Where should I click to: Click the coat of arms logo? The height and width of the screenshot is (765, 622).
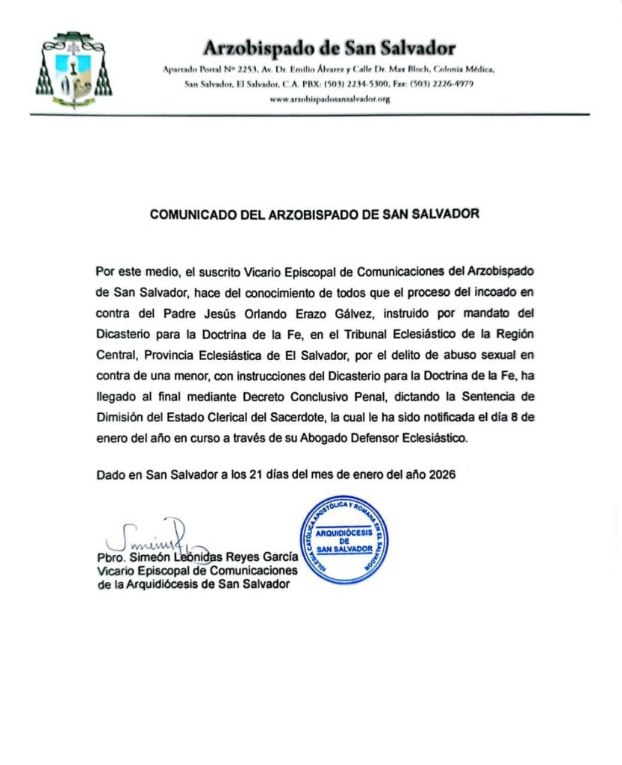coord(72,71)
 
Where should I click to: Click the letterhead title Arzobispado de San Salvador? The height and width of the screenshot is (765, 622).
coord(329,49)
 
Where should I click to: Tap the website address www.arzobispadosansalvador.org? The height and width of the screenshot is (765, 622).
coord(329,99)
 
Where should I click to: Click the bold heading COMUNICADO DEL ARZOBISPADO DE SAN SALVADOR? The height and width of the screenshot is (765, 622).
coord(314,214)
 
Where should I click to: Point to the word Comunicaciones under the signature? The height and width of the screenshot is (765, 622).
coord(247,572)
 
